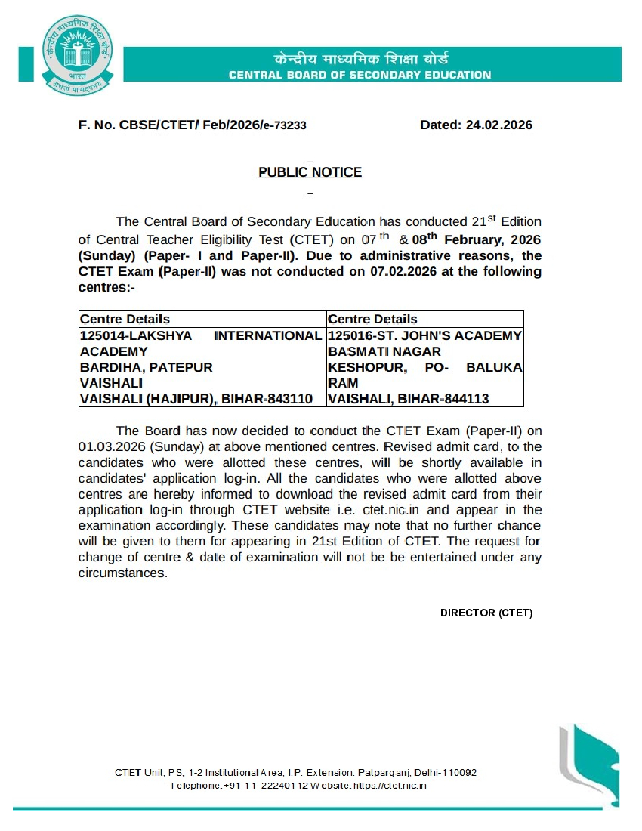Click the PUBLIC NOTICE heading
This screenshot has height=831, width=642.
click(x=310, y=172)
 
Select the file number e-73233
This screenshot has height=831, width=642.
click(x=284, y=126)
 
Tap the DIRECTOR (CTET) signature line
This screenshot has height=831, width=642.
click(x=486, y=613)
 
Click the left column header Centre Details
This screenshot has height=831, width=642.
click(x=125, y=320)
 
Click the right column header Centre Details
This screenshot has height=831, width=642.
click(x=372, y=320)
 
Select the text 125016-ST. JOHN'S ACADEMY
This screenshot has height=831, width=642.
click(x=424, y=335)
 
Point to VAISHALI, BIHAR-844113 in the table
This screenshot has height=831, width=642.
click(x=408, y=399)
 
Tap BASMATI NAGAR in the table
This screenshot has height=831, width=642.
click(x=384, y=351)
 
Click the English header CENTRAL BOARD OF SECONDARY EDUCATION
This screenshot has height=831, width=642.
click(x=360, y=75)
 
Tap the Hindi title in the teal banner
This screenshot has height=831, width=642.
click(x=360, y=59)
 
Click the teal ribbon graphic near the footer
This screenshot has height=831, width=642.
click(x=590, y=759)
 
